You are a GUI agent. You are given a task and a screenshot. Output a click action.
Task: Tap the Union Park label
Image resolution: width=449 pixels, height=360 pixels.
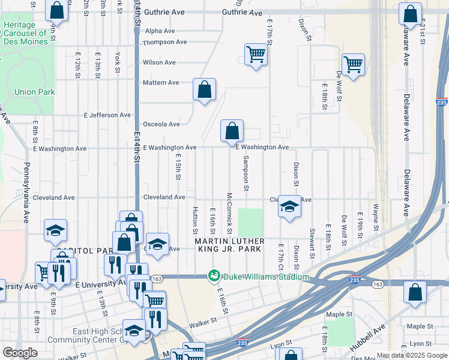tap(35, 92)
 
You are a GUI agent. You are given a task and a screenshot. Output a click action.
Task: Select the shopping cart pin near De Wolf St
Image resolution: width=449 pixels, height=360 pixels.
tap(353, 64)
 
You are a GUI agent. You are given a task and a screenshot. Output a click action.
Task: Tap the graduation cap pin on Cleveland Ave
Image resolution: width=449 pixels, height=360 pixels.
tap(289, 207)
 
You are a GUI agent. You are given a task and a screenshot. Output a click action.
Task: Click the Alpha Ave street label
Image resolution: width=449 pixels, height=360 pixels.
tap(160, 31)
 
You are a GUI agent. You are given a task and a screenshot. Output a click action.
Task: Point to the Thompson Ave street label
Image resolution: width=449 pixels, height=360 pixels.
tap(164, 42)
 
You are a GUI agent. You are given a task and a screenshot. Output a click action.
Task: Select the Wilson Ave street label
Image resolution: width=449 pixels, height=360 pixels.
tap(159, 62)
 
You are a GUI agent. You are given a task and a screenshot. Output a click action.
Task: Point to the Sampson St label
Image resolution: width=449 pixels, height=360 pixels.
tap(246, 174)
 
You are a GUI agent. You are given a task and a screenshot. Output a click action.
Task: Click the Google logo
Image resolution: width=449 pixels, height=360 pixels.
tap(20, 353)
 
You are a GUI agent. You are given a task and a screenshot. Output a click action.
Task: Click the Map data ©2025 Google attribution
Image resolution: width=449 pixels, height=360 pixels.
tap(411, 355)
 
